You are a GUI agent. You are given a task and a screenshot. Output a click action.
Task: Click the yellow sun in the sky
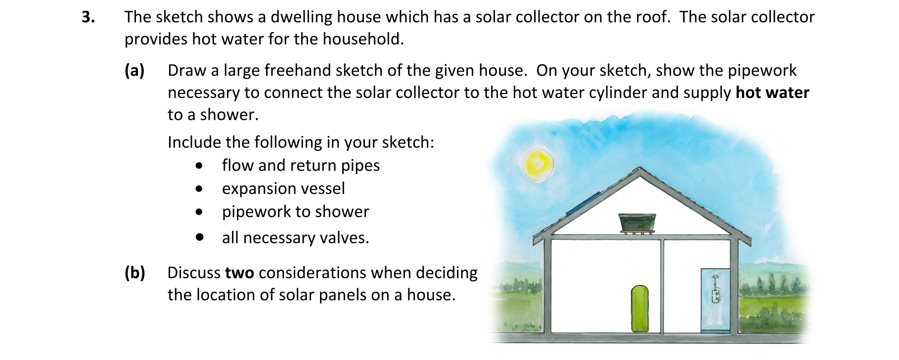point(538,164)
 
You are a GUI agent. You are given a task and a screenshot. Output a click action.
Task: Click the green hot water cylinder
point(640,308)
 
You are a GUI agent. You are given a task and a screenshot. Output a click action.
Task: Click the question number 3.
point(88,17)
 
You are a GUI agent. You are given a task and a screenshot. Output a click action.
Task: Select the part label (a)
point(135,71)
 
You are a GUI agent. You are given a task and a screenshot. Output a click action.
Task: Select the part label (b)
point(135,273)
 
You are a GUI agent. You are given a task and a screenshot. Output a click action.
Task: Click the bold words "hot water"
point(772,92)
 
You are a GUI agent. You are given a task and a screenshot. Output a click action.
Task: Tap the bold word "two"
point(239,273)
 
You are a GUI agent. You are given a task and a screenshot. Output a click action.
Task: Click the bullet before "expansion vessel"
point(199,189)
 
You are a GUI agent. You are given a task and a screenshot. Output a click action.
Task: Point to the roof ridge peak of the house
point(640,168)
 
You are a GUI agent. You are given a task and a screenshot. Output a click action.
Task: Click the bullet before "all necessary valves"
point(199,237)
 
